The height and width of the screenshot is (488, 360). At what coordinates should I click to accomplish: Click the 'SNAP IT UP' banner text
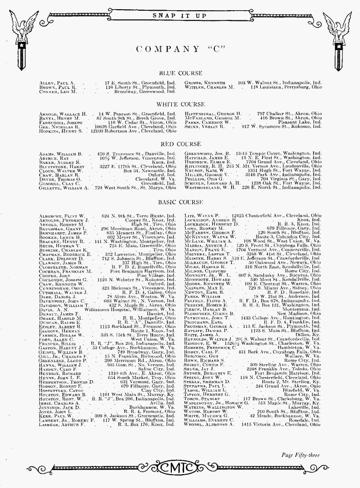click(179, 15)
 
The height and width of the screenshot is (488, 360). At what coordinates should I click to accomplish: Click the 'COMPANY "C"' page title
click(180, 49)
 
